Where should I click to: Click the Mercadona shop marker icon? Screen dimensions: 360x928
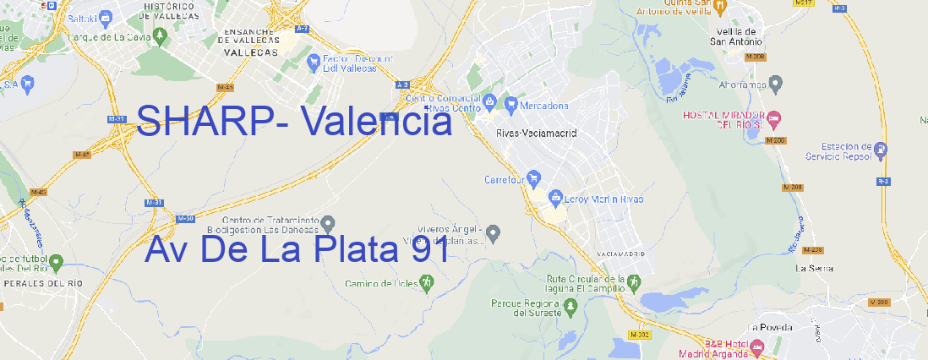coord(510,105)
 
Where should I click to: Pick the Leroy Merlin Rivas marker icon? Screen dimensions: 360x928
coord(555,198)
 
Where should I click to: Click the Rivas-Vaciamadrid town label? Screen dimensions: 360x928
coord(536,134)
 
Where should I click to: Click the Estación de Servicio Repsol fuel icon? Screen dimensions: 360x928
coord(881,151)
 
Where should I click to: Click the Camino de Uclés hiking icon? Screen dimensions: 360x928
coord(427,281)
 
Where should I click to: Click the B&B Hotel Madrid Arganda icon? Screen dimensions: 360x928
coord(757,346)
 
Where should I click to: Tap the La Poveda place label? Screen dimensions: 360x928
coord(771,327)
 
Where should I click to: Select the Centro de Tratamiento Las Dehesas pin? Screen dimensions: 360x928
coord(329,224)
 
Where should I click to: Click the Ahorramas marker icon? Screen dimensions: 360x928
coord(777,83)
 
